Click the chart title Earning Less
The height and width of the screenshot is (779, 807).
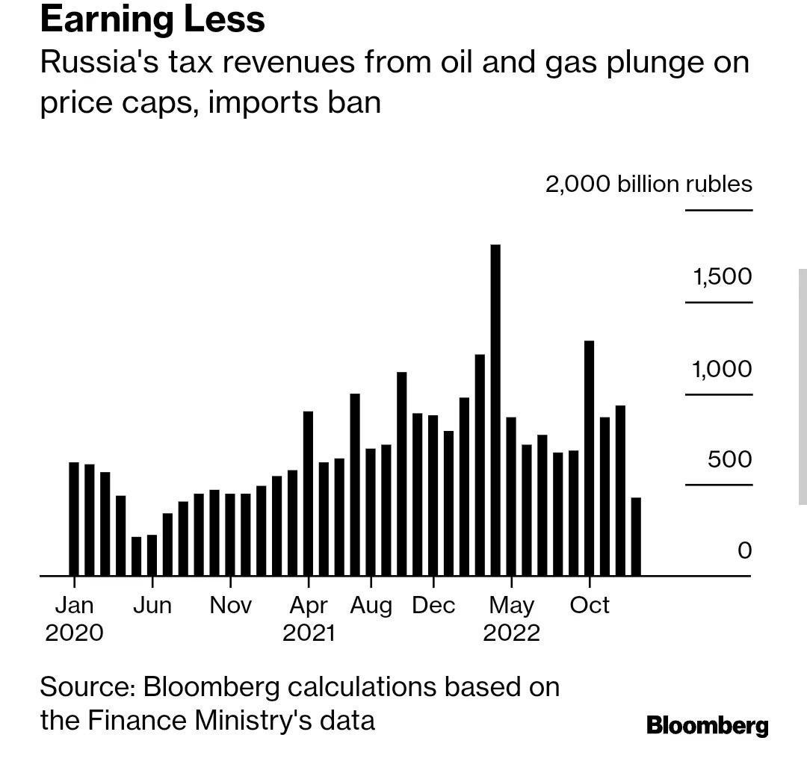coord(152,19)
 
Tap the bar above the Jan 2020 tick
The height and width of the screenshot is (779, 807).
coord(74,519)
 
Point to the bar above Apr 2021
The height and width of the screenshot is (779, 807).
coord(308,493)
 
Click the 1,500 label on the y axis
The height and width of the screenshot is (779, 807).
coord(723,277)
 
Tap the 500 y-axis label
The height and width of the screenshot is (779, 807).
coord(730,459)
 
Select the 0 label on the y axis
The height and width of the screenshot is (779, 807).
coord(744,550)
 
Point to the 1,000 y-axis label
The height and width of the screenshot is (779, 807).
coord(723,369)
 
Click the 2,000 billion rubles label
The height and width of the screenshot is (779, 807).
coord(649,184)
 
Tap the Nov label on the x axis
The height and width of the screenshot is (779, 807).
coord(231,604)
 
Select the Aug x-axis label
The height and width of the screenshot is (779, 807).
coord(371,605)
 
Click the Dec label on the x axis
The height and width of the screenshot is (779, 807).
coord(433,604)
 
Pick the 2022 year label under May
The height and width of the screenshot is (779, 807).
coord(511,633)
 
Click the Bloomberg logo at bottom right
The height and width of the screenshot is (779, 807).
coord(707,725)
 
